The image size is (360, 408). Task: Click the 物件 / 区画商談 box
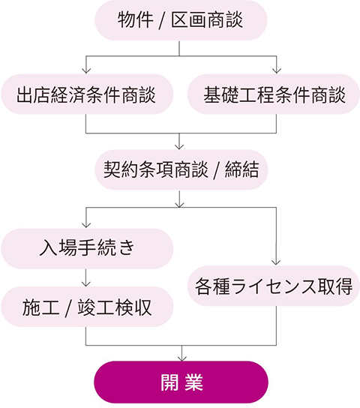(181, 20)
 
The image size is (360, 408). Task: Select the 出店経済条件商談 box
(87, 94)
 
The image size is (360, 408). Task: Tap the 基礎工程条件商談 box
(274, 94)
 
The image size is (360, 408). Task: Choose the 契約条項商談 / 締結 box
(181, 169)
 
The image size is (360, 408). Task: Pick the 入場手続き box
(87, 248)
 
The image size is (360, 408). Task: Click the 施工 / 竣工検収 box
(87, 307)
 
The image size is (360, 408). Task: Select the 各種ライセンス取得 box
(274, 286)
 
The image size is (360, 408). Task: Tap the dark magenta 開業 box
(181, 382)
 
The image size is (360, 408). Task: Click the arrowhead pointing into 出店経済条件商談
(86, 70)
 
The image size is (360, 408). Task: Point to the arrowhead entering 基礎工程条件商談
(276, 70)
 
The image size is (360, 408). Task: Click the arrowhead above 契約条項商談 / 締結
(179, 146)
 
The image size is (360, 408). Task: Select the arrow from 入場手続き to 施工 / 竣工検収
(85, 277)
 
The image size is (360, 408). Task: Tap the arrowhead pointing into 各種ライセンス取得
(276, 262)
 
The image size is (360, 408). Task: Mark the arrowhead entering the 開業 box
(181, 358)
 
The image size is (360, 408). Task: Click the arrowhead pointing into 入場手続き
(86, 225)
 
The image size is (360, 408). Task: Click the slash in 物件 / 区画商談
(161, 21)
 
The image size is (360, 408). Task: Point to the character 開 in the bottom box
(169, 382)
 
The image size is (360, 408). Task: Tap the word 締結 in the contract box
(241, 169)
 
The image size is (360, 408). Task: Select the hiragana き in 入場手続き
(126, 247)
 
